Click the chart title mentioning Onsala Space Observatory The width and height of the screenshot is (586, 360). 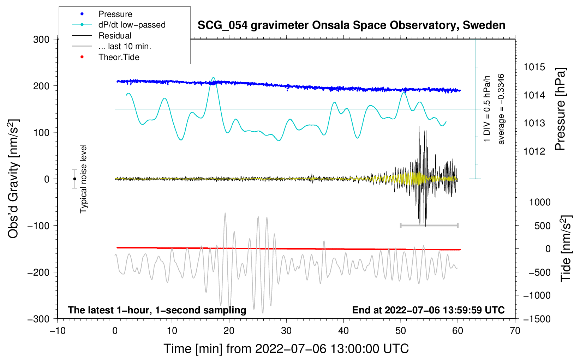click(351, 25)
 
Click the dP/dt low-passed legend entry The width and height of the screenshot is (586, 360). click(132, 25)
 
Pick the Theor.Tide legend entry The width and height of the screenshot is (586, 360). click(119, 57)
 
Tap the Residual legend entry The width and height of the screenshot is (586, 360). click(115, 36)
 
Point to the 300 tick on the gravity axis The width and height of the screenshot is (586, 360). click(41, 40)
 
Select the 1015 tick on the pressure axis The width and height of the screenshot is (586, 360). click(534, 67)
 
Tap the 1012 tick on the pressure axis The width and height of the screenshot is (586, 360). click(534, 151)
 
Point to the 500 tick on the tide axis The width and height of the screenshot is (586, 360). click(542, 226)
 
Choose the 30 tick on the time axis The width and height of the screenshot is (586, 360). click(286, 331)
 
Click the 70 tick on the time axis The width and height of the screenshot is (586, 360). click(515, 331)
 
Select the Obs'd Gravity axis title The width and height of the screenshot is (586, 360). click(13, 179)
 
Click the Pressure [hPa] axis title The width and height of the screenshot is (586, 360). click(560, 109)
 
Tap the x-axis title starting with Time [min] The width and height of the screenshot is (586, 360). click(286, 349)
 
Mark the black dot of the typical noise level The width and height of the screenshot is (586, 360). click(74, 179)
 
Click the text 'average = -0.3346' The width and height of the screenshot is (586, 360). click(501, 109)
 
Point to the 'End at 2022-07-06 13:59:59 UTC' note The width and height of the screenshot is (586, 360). click(428, 310)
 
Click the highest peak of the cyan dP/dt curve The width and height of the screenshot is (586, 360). click(213, 78)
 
